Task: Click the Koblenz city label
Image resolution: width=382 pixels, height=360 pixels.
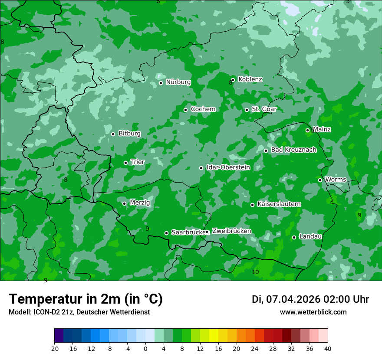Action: tap(250, 79)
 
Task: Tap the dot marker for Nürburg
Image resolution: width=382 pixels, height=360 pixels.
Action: tap(161, 83)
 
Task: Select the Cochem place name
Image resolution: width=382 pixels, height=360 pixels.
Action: tap(203, 109)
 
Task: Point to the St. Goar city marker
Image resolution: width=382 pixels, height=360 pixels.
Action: tap(247, 110)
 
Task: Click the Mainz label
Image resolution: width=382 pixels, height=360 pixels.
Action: tap(322, 129)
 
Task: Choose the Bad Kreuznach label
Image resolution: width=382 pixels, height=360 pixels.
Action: tap(293, 150)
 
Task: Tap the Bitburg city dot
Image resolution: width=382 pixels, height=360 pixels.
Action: tap(113, 134)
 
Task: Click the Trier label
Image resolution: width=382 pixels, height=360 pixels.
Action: tap(137, 162)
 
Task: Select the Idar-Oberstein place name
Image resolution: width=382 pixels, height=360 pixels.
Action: tap(228, 167)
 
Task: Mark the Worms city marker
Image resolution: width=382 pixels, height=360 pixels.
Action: tap(320, 180)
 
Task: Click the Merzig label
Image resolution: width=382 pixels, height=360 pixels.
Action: tap(140, 203)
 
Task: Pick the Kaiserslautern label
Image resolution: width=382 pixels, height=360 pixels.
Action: tap(279, 204)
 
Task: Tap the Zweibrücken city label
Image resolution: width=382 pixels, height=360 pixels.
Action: tap(231, 231)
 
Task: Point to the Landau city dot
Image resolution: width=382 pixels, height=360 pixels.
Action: tap(294, 237)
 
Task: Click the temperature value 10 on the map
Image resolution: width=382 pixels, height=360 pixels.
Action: tap(255, 272)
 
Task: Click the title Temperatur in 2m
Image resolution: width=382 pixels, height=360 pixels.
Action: tap(86, 299)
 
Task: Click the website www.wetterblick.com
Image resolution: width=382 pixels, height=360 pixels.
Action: tap(313, 312)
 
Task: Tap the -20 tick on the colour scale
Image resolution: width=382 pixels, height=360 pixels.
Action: tap(54, 348)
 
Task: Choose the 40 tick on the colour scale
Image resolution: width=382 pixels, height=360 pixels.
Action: tap(327, 348)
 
